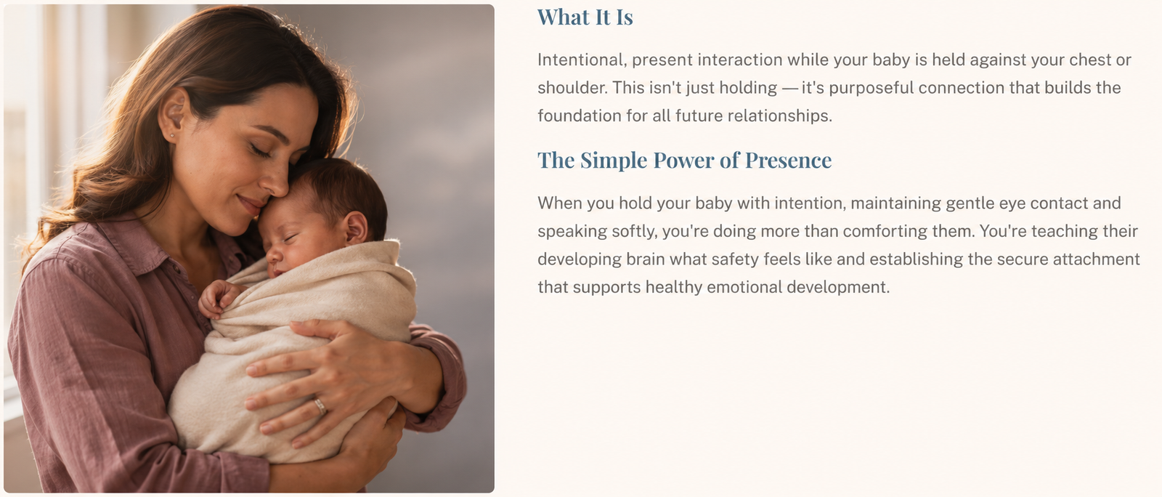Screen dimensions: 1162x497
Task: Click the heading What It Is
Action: click(585, 17)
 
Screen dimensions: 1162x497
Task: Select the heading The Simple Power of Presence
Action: click(684, 161)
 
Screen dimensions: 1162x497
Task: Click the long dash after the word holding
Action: click(789, 89)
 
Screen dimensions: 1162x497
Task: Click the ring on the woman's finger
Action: click(320, 405)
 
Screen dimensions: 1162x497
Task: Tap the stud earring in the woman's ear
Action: click(171, 136)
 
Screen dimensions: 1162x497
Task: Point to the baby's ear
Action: click(357, 227)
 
